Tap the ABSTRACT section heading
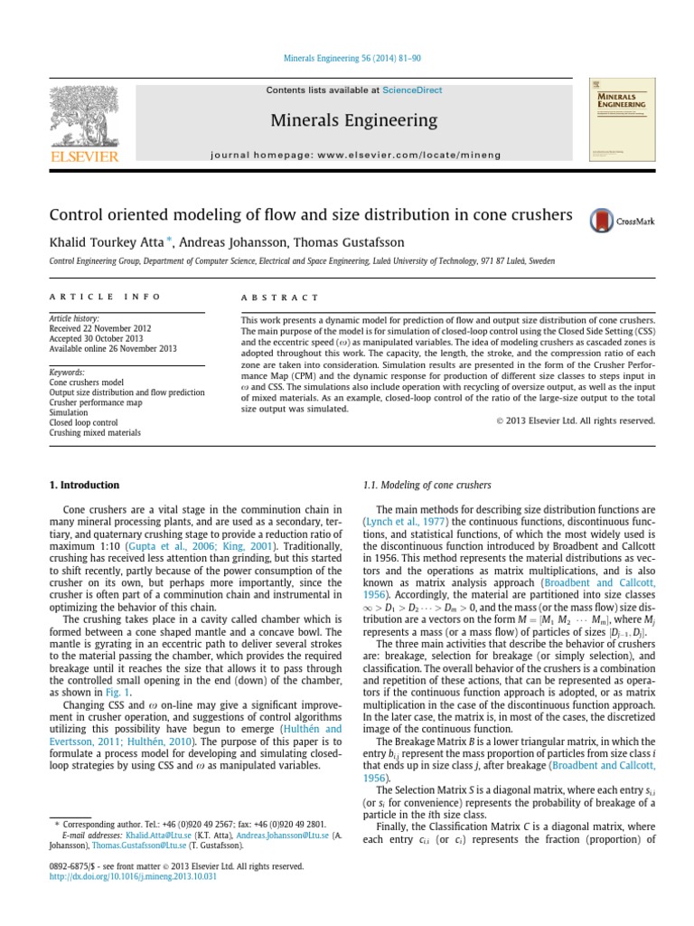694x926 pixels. pos(280,297)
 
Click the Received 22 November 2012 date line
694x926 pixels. pos(100,329)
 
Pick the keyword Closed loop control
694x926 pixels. pos(84,422)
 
